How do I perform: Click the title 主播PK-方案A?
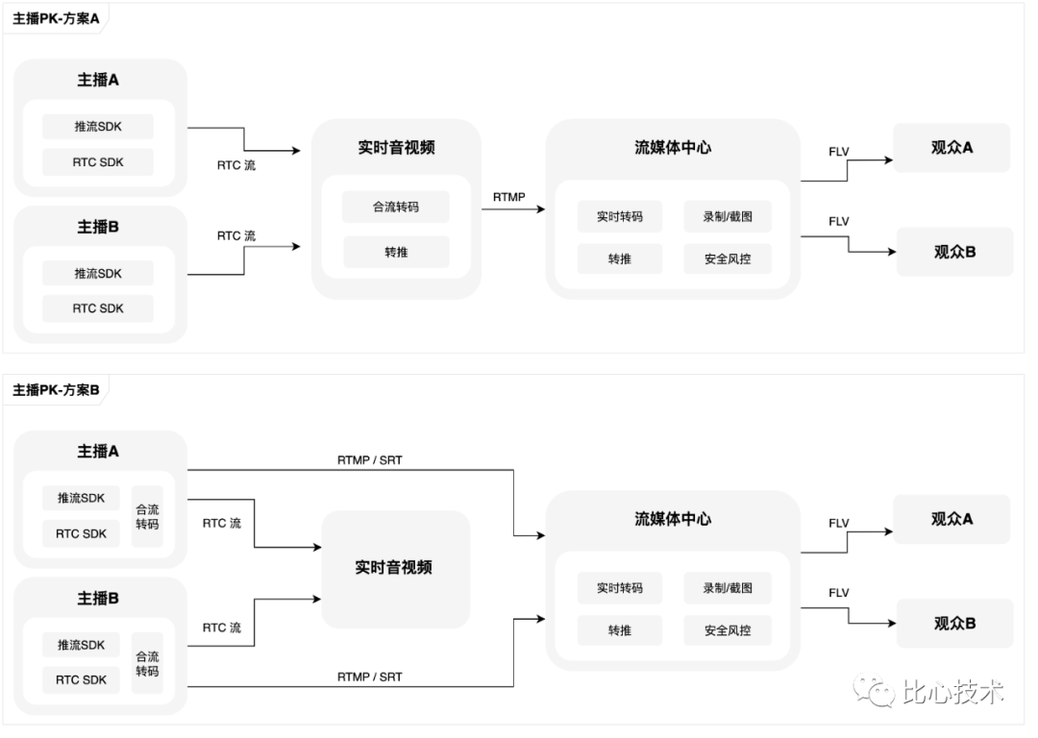click(56, 18)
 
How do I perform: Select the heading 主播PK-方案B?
click(56, 390)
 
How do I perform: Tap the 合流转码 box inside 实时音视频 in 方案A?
click(396, 207)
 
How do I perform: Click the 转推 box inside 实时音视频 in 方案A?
click(396, 252)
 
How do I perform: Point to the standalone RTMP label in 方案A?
click(509, 197)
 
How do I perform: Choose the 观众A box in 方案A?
click(951, 148)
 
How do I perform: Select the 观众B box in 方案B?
click(954, 623)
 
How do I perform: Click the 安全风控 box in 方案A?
click(728, 258)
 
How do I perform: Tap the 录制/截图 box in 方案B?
click(728, 588)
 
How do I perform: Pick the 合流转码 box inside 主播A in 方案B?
click(147, 517)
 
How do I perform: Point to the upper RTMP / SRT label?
click(370, 460)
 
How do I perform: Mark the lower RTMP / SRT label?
click(370, 676)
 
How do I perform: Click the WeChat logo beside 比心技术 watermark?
click(877, 691)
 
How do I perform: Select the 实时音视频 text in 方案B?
click(394, 568)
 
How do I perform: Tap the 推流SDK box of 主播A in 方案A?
click(99, 127)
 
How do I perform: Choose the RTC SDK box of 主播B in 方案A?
click(99, 308)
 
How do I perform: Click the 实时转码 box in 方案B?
click(620, 588)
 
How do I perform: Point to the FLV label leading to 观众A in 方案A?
click(839, 152)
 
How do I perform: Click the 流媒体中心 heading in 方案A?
click(673, 148)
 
